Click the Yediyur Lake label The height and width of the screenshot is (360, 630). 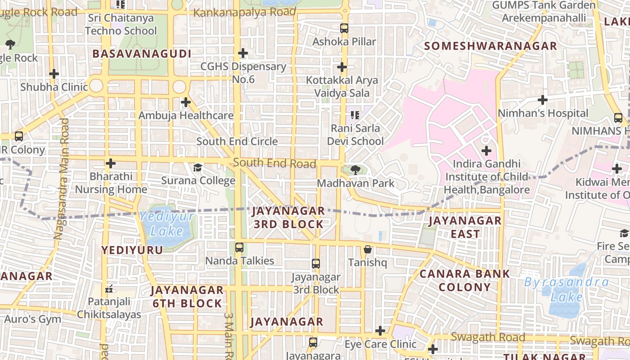[x=167, y=224]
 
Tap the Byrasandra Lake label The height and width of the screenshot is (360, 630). [x=567, y=289]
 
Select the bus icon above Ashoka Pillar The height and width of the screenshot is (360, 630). [x=344, y=28]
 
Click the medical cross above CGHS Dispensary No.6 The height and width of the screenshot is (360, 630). [x=243, y=53]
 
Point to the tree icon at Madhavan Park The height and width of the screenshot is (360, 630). [x=355, y=170]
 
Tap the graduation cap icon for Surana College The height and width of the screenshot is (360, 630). [x=198, y=168]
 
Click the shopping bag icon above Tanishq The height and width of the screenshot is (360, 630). [x=368, y=249]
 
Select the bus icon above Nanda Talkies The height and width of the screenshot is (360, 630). [x=239, y=247]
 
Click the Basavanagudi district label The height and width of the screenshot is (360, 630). [x=142, y=54]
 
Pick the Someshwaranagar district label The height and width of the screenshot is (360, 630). [x=490, y=46]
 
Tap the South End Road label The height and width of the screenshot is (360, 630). [x=274, y=163]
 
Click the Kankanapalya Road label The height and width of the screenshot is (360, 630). [x=245, y=13]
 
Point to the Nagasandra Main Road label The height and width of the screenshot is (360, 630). [x=61, y=179]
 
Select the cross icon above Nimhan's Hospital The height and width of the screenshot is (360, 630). [x=543, y=100]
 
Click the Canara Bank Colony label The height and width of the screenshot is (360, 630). [x=465, y=280]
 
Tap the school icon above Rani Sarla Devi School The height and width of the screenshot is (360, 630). [x=355, y=115]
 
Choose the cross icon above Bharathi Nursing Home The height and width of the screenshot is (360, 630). [x=111, y=163]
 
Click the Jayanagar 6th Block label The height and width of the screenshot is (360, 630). [x=187, y=297]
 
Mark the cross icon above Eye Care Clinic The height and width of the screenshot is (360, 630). [x=380, y=331]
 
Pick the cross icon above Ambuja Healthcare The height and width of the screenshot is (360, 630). [x=186, y=103]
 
